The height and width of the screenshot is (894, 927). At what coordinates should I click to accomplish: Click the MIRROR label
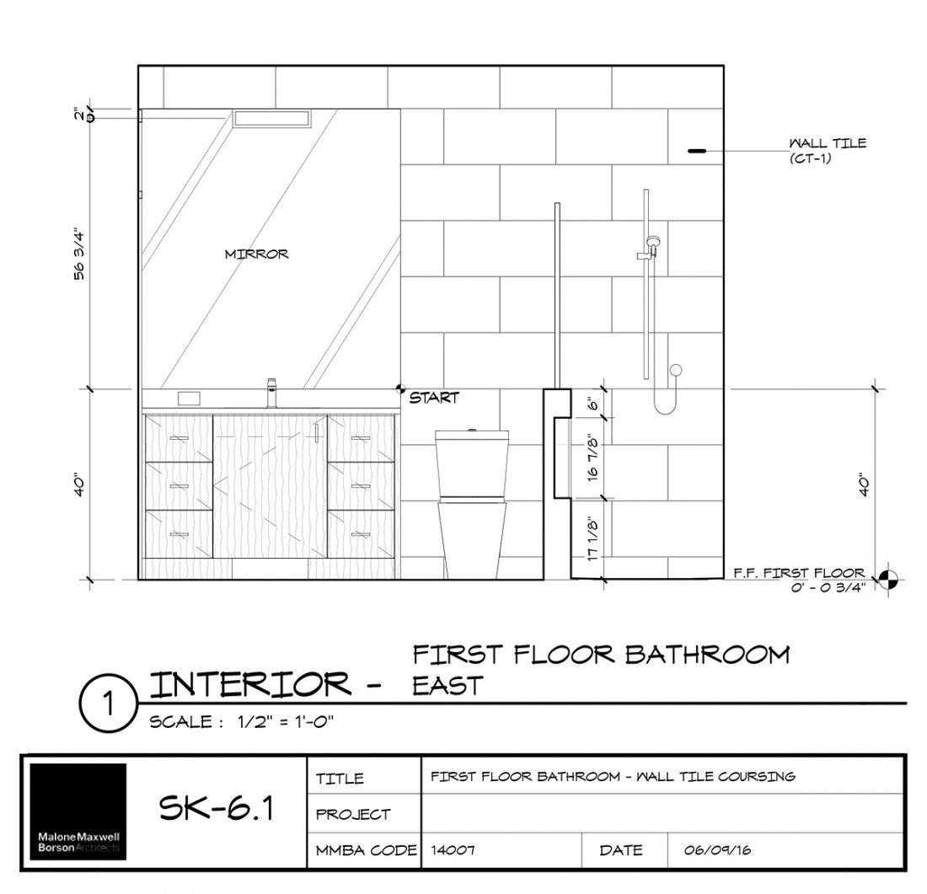pos(257,254)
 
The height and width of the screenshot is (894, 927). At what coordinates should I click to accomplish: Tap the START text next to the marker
pos(434,398)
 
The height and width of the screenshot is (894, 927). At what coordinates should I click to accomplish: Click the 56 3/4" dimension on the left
pos(80,252)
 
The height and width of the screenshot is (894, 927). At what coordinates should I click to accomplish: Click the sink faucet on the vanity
pos(272,393)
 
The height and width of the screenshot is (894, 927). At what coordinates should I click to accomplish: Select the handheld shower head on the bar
pos(651,245)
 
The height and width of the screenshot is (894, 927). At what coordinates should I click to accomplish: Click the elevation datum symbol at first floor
pos(887,580)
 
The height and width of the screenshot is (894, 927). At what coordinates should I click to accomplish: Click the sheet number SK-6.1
pos(217,811)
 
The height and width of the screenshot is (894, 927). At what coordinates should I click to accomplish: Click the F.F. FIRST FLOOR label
pos(798,574)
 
